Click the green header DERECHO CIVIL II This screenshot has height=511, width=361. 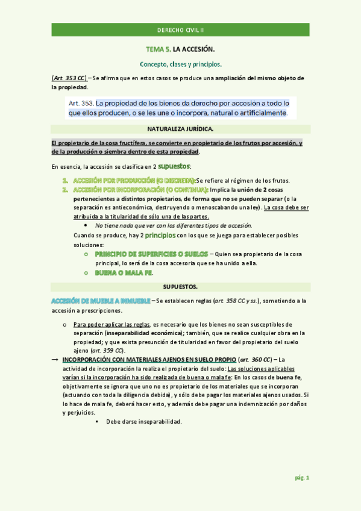pyautogui.click(x=180, y=30)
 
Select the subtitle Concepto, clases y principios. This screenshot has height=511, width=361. pyautogui.click(x=180, y=63)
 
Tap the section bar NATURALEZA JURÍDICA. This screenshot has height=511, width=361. pyautogui.click(x=180, y=129)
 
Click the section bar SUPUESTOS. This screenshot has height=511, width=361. pyautogui.click(x=180, y=286)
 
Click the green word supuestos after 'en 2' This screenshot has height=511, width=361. pyautogui.click(x=174, y=166)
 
